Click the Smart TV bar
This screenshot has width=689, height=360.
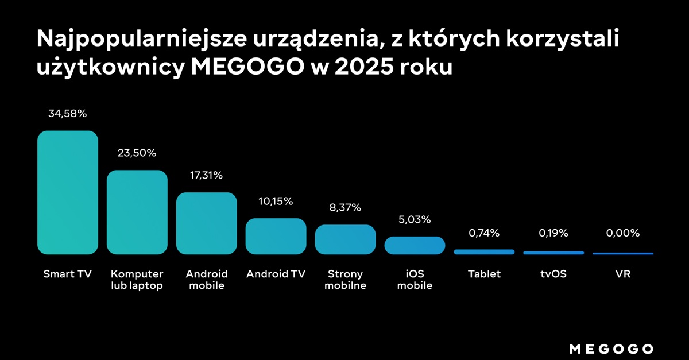click(x=68, y=192)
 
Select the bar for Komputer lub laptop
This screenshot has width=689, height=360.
click(x=137, y=212)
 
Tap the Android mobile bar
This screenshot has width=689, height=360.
click(x=207, y=223)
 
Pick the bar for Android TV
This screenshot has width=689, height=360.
click(x=276, y=236)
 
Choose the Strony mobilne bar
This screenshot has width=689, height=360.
click(x=345, y=239)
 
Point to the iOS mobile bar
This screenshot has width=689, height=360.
click(x=415, y=245)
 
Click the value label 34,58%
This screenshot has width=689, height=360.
click(x=68, y=114)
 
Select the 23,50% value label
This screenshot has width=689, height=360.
click(x=137, y=153)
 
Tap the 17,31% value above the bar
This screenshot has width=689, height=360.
click(x=207, y=175)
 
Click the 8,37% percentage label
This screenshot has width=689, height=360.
click(x=345, y=207)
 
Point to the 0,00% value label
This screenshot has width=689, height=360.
click(x=623, y=233)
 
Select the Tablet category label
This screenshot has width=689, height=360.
click(x=484, y=274)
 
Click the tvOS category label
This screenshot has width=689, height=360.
click(x=553, y=274)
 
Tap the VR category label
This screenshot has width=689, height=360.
click(x=623, y=274)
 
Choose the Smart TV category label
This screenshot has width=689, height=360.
click(x=68, y=274)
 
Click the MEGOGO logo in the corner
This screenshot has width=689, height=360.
click(x=611, y=349)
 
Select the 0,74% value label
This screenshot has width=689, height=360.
click(x=484, y=233)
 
